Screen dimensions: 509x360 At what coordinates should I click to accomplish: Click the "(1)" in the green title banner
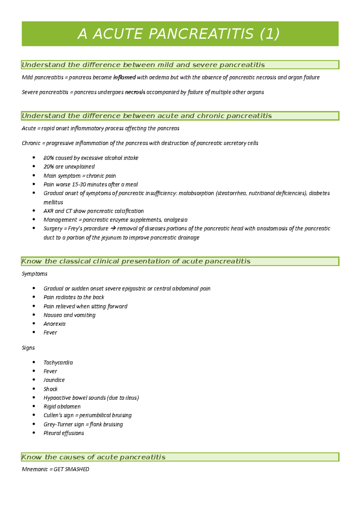point(269,34)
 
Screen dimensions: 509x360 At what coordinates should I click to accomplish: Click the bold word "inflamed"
point(124,77)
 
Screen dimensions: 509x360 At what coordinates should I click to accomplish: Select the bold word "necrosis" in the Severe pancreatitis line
point(135,92)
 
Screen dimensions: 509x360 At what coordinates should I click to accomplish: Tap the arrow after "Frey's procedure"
point(113,228)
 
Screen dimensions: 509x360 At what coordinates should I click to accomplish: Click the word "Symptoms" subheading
point(34,274)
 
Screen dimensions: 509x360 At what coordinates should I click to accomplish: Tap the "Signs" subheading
point(28,348)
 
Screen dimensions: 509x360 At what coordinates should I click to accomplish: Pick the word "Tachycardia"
point(58,363)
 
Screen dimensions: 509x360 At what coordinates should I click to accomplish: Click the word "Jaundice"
point(54,380)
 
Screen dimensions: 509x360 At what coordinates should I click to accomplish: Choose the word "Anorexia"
point(54,324)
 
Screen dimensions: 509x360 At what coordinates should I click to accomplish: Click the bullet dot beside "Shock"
point(34,389)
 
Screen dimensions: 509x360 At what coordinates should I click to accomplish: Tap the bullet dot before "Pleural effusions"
point(34,433)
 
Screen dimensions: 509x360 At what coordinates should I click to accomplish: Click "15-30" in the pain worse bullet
point(80,185)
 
